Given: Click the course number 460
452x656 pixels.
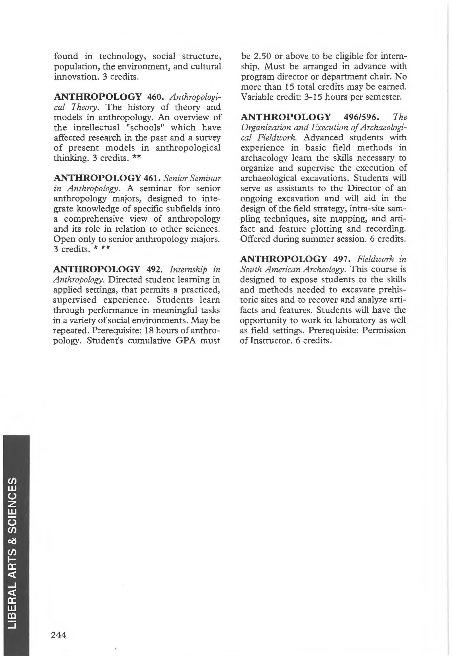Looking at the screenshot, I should point(155,97).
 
